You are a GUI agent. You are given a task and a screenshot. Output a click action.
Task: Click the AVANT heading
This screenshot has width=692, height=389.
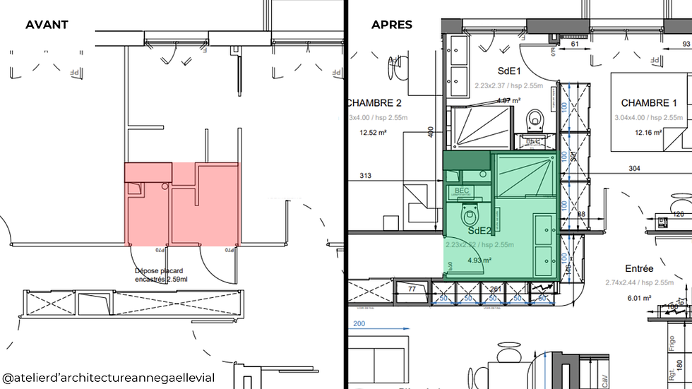pyautogui.click(x=47, y=25)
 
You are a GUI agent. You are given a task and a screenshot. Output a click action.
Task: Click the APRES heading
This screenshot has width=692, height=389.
pyautogui.click(x=392, y=25)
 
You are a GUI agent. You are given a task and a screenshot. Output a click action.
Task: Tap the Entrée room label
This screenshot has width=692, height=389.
pyautogui.click(x=639, y=269)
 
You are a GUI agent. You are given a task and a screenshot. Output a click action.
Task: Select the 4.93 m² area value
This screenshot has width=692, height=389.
pyautogui.click(x=479, y=260)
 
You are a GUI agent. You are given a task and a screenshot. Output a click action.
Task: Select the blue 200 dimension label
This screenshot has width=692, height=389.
pyautogui.click(x=360, y=325)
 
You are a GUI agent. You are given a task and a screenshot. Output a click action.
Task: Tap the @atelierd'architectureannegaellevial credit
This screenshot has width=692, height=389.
pyautogui.click(x=108, y=378)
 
